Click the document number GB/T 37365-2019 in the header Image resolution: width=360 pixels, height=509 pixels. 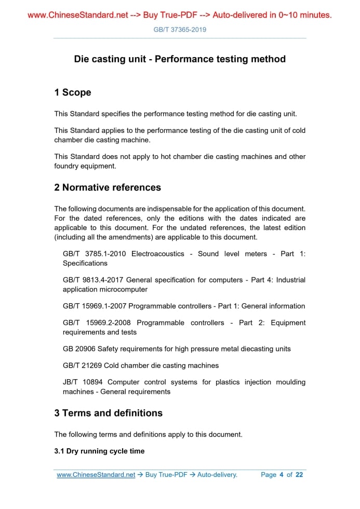180,30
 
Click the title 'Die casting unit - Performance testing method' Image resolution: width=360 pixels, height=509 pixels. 180,59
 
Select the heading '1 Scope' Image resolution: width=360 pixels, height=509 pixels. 73,92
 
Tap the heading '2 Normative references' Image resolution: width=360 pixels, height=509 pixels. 108,187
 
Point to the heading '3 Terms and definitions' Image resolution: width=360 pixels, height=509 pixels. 108,413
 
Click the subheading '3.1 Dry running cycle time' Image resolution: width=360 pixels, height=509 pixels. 99,451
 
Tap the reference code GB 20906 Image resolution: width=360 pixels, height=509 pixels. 79,349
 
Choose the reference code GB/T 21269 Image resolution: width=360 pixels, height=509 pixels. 83,365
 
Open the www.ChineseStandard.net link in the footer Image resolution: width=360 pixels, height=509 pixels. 96,475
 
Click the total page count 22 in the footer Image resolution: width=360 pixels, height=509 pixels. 299,475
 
